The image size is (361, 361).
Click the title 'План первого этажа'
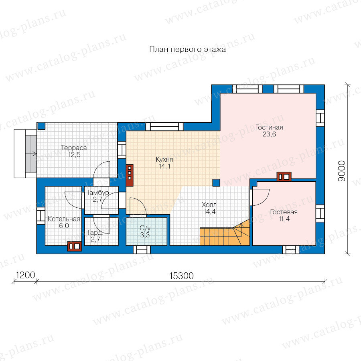[x=187, y=49]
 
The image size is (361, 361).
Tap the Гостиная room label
[x=269, y=127]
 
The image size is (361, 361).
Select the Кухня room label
[x=164, y=159]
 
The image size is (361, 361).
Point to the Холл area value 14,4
[x=209, y=211]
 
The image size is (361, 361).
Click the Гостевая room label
[x=284, y=212]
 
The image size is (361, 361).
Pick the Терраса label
[x=74, y=148]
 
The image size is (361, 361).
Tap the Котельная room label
[x=64, y=219]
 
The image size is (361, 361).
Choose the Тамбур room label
[x=97, y=193]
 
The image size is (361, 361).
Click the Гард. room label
[x=95, y=233]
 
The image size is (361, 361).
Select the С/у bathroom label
[x=145, y=228]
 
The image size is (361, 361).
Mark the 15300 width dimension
[x=181, y=276]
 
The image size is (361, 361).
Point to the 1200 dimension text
[x=25, y=275]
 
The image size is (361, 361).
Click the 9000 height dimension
[x=342, y=171]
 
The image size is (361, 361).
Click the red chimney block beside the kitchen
[x=130, y=175]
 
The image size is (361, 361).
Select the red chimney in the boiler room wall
[x=74, y=246]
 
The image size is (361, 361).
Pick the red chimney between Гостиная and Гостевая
[x=284, y=177]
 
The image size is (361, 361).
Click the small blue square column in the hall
[x=216, y=183]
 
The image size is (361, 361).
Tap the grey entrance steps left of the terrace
[x=31, y=154]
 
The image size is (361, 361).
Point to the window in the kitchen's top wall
[x=164, y=127]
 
